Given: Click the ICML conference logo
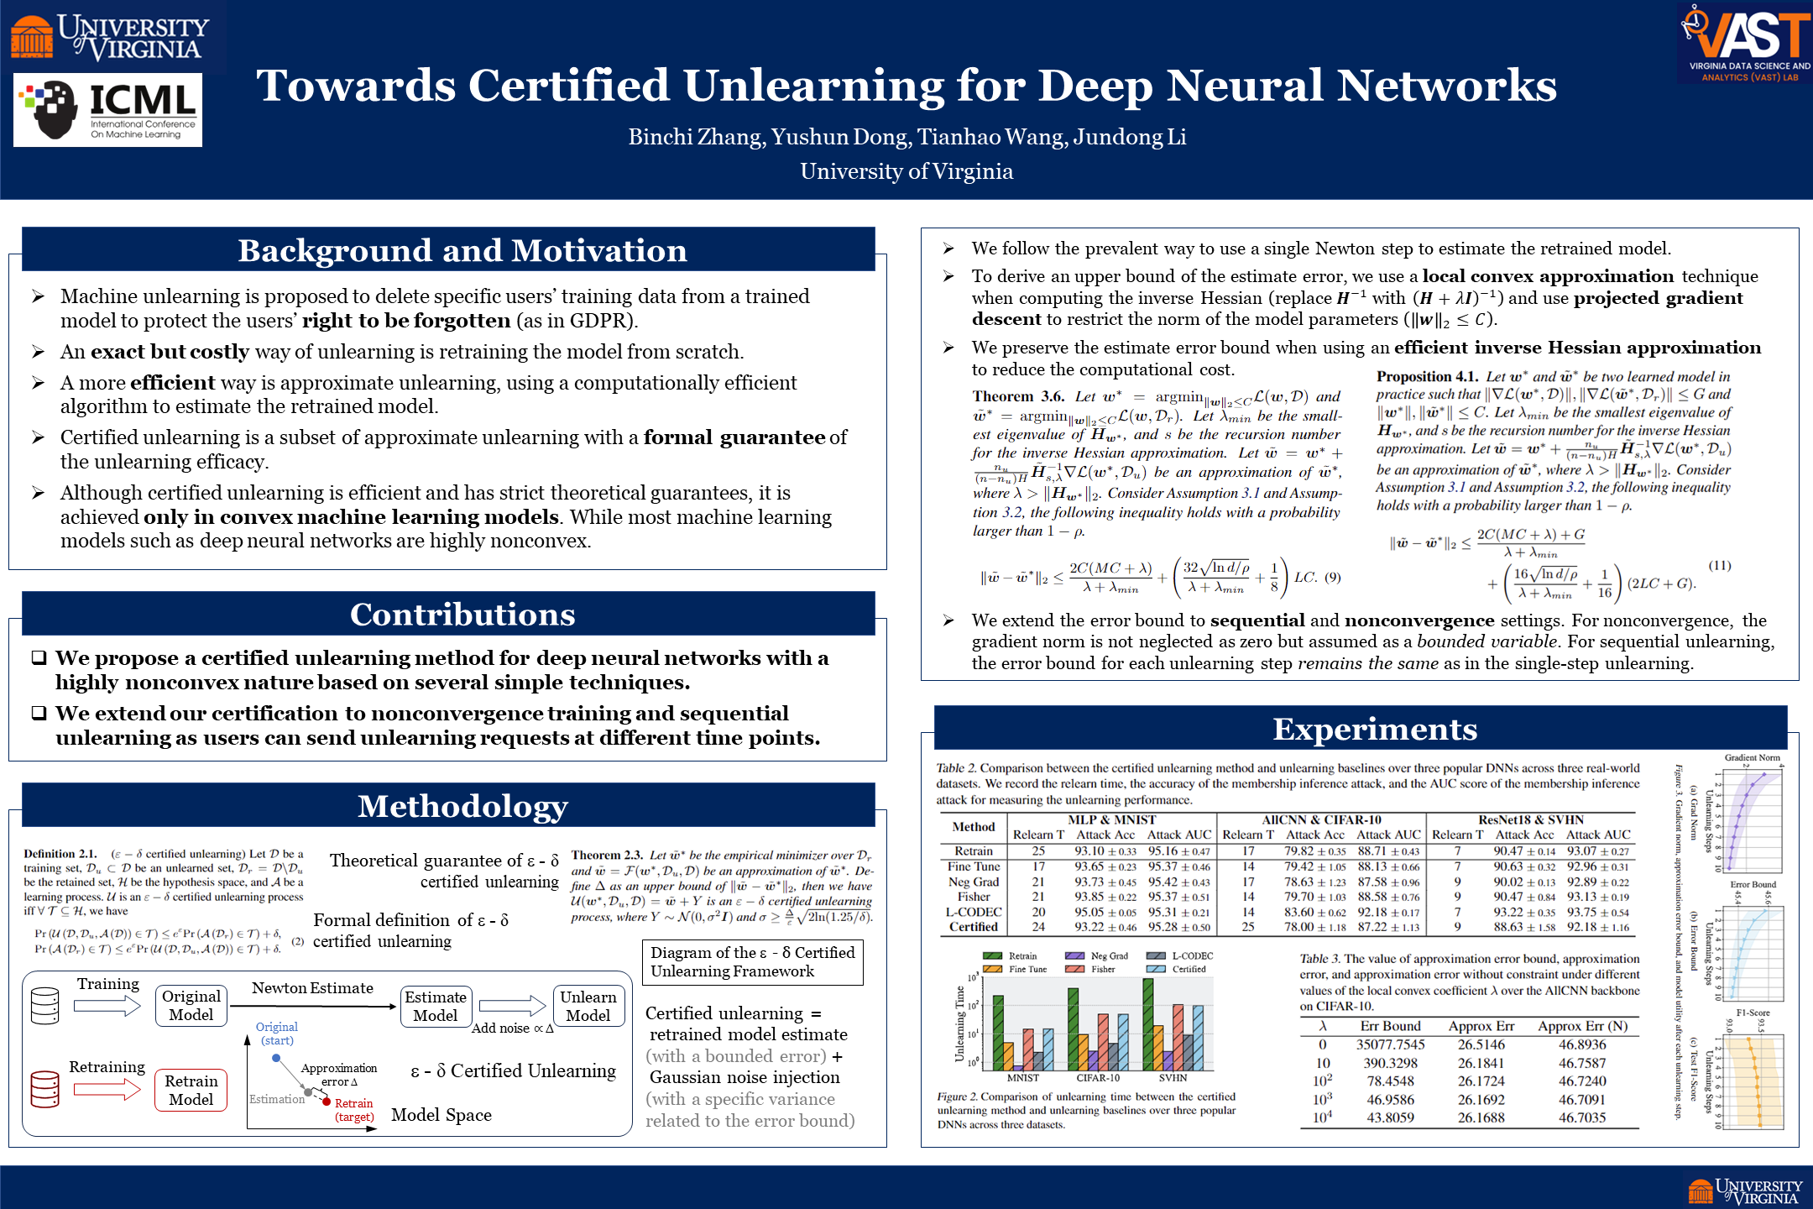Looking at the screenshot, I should tap(107, 110).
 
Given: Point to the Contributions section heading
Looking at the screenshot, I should tap(462, 615).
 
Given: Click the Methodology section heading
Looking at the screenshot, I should tap(462, 806).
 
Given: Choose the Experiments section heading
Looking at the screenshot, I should tap(1374, 729).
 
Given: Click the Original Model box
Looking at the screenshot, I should tap(191, 1006).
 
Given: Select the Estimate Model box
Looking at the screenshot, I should tap(436, 1006).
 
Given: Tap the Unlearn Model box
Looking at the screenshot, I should tap(588, 1006).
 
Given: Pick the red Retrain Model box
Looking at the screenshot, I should tap(191, 1090).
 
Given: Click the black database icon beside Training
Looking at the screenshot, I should tap(45, 1006).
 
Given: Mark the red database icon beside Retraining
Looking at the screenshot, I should tap(45, 1089).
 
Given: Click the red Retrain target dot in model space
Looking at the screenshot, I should tap(327, 1102).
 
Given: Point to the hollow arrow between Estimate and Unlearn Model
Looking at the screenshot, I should tap(512, 1005).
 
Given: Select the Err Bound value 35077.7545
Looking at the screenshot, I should tap(1390, 1044).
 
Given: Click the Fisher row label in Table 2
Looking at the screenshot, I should tap(974, 897).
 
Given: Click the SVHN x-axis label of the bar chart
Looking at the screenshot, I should tap(1173, 1078).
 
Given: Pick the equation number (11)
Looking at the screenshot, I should tap(1719, 565).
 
